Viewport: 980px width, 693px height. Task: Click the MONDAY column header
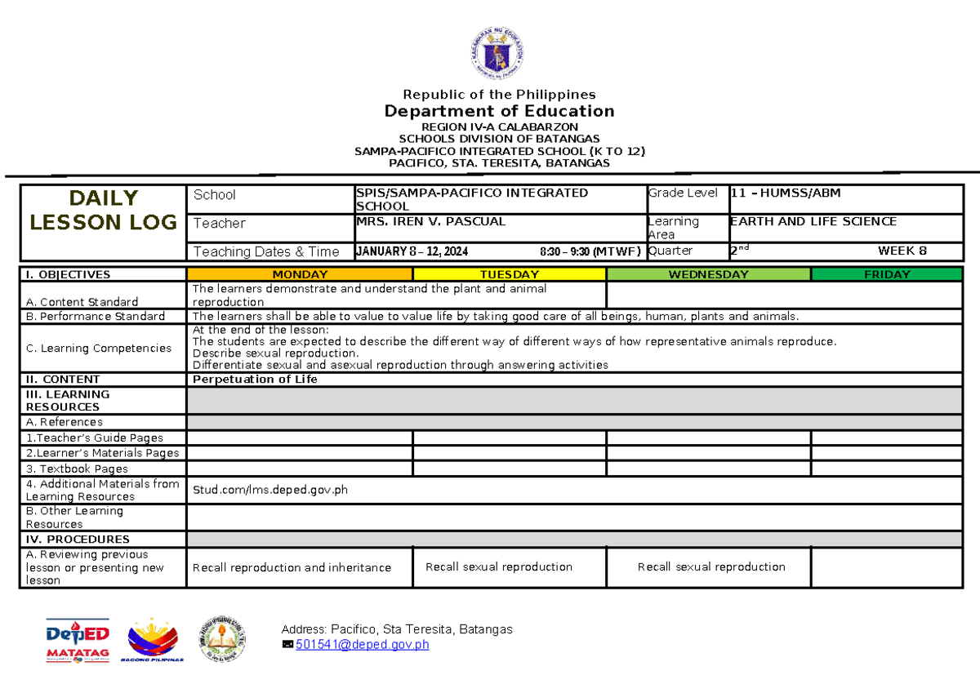click(x=300, y=275)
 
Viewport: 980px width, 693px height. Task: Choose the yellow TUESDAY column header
click(x=510, y=275)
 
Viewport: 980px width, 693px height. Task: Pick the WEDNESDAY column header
click(x=708, y=275)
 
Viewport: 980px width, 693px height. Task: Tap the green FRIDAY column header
click(x=887, y=275)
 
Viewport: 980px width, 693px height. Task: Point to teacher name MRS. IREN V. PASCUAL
click(x=430, y=222)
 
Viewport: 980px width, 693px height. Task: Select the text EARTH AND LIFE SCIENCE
click(x=813, y=222)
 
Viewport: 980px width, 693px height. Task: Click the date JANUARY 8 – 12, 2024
click(x=412, y=251)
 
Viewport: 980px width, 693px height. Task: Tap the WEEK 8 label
click(x=902, y=251)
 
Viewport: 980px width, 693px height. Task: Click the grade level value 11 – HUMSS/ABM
click(x=785, y=193)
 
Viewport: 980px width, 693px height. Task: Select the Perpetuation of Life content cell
click(x=254, y=380)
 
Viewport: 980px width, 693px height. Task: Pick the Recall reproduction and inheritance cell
click(x=292, y=567)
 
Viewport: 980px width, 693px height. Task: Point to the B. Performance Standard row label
click(x=96, y=317)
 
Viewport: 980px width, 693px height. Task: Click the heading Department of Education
click(x=500, y=111)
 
